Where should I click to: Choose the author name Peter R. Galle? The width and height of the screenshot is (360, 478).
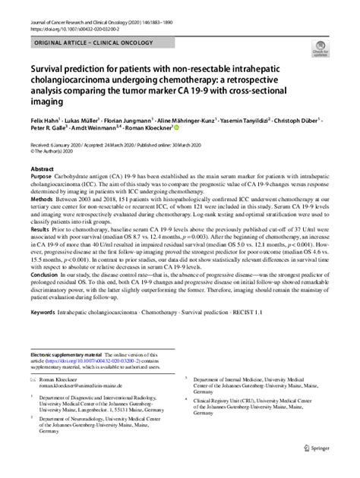47,129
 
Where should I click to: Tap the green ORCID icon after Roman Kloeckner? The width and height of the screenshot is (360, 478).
178,129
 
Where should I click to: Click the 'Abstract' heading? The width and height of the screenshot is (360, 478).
42,168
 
